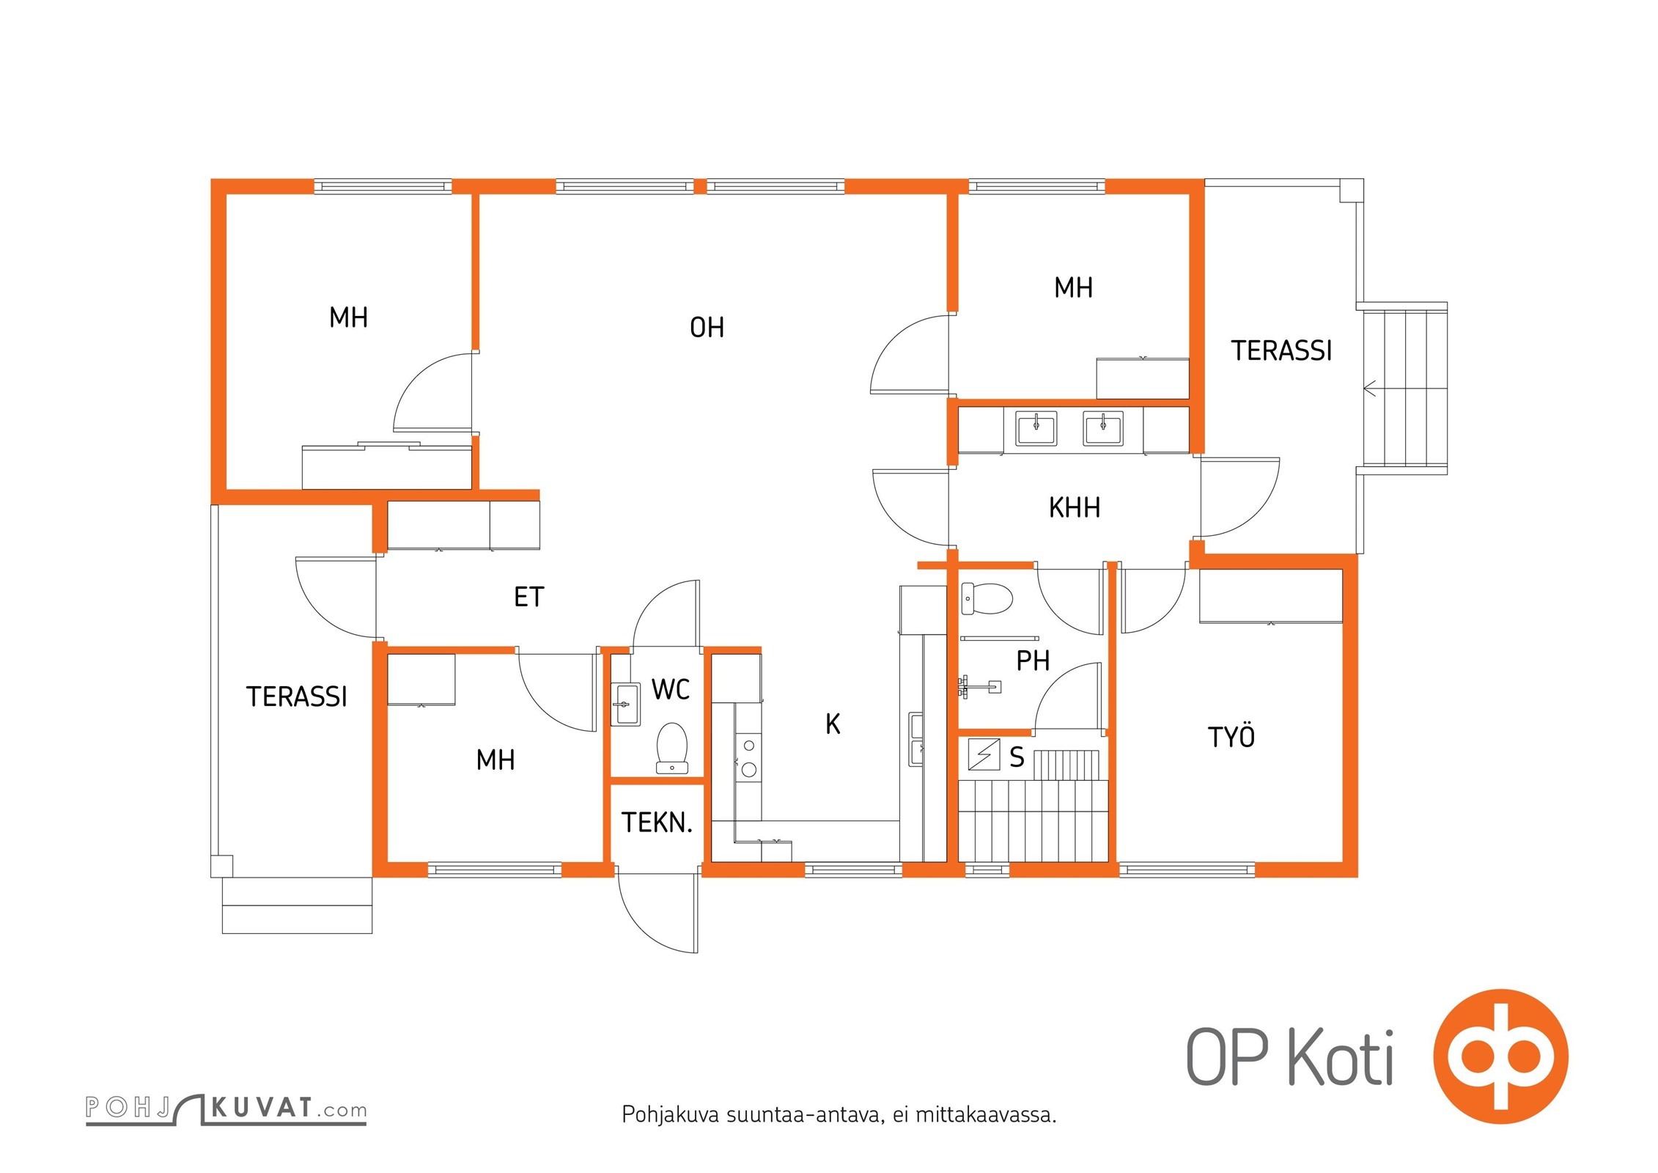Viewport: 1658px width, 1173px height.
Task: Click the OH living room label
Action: point(707,328)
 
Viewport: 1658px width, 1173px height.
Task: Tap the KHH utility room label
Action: point(1074,507)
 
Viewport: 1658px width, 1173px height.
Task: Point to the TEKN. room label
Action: point(657,823)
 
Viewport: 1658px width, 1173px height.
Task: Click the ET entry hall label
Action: point(528,597)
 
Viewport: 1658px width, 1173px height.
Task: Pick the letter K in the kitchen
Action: point(833,724)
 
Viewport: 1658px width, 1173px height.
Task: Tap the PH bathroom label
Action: point(1033,661)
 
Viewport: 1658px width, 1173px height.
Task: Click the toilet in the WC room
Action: point(671,749)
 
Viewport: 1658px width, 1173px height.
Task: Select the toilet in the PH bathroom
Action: point(987,597)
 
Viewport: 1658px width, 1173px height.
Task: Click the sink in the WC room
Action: point(625,704)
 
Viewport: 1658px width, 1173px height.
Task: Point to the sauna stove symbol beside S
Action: point(984,754)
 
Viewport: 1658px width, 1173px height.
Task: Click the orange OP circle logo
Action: point(1500,1056)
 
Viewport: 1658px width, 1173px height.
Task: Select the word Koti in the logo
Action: point(1340,1056)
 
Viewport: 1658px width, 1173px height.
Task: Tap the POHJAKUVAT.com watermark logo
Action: point(226,1108)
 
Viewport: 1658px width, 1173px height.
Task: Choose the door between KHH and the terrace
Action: point(1239,497)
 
